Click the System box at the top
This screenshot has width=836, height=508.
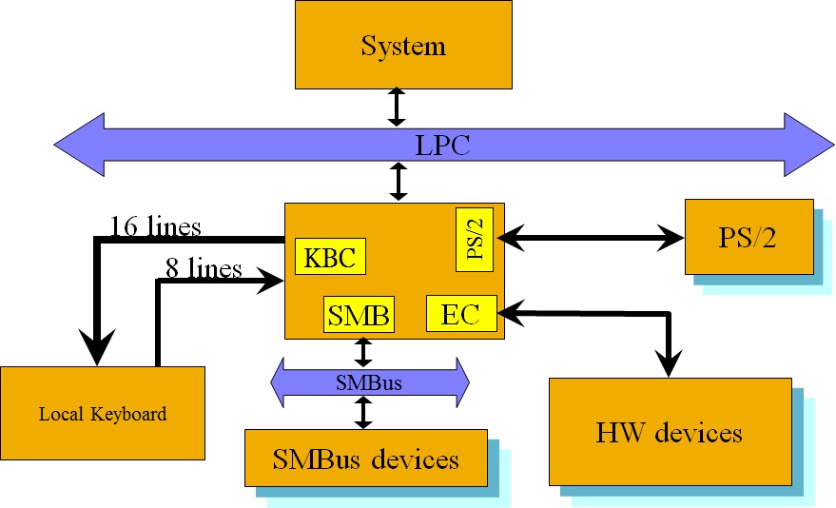pos(403,45)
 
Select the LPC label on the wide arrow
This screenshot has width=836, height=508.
pos(442,146)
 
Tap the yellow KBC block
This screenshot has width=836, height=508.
pos(330,257)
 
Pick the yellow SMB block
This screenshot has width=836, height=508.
pos(359,315)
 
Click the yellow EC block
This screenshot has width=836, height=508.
pos(461,314)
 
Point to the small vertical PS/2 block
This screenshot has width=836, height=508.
pos(475,235)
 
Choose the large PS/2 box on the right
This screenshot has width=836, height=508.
pos(749,236)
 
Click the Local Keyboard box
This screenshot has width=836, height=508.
pos(103,414)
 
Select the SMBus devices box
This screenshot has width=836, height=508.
pos(365,460)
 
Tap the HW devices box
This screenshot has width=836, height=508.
pos(670,433)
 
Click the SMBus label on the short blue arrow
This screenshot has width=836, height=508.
pos(368,383)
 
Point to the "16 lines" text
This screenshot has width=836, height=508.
pos(155,227)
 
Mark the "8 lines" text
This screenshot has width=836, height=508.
pos(204,268)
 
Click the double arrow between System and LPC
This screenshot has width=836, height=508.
pos(398,107)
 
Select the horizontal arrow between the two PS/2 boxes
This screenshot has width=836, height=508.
pos(591,237)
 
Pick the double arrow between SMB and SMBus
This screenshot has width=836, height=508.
pos(362,351)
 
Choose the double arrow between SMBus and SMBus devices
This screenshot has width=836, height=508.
pos(362,413)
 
